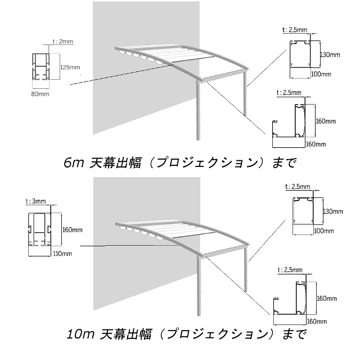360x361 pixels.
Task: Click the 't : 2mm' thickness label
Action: click(62, 41)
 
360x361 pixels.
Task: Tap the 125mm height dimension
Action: click(69, 67)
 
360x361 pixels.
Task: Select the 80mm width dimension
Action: click(39, 94)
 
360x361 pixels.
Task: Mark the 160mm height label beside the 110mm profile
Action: click(74, 230)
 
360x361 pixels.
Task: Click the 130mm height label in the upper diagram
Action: click(330, 55)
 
